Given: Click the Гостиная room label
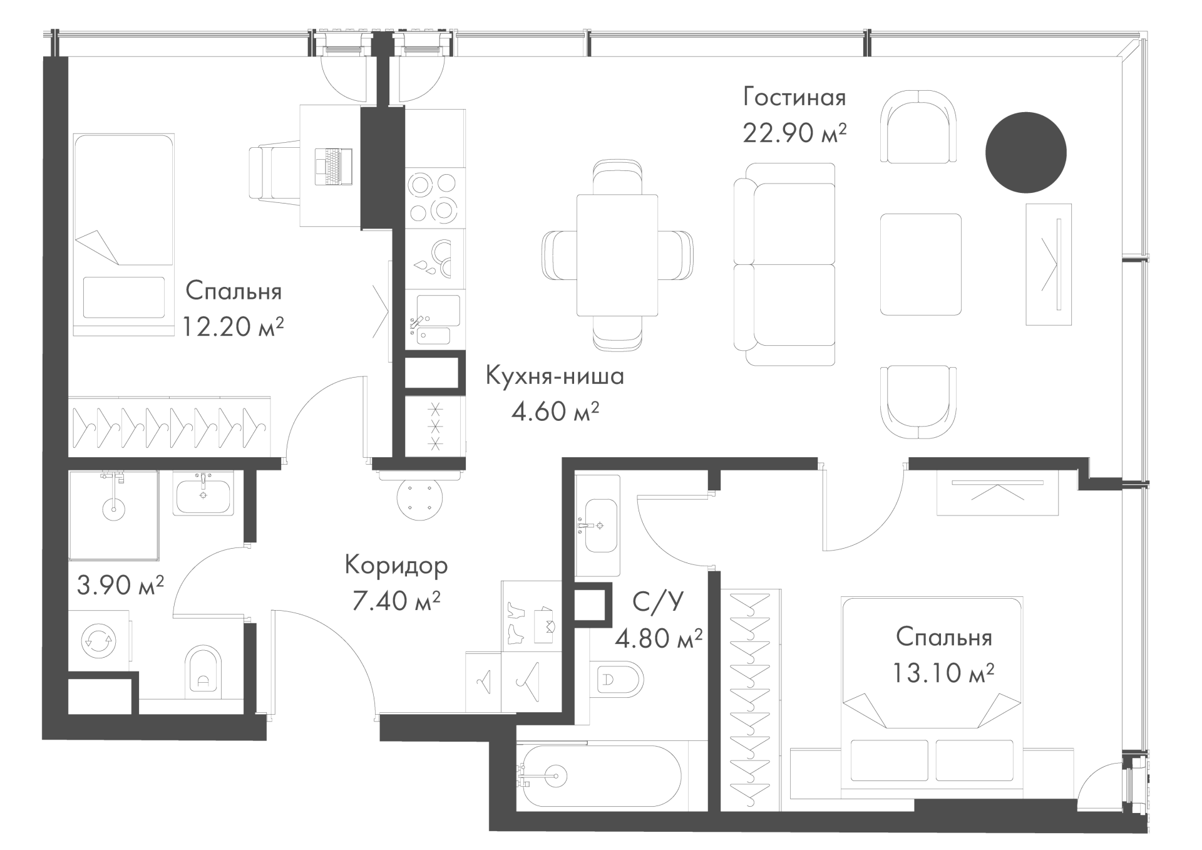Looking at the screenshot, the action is point(794,98).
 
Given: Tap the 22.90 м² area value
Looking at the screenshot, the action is point(794,133).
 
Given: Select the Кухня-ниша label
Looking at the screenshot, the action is point(555,376).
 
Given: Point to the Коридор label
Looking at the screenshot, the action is point(396,566).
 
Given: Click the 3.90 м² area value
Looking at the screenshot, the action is point(120,585).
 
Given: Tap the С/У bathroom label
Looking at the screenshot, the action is point(658,601).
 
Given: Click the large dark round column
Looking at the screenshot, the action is point(1025,152).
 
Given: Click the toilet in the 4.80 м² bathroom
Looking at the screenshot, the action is point(617,678).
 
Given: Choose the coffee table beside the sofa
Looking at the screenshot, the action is point(920,264).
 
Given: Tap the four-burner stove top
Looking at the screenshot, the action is point(432,198).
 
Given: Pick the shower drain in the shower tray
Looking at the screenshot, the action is point(113,509).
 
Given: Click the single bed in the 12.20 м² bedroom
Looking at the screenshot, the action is point(123,234).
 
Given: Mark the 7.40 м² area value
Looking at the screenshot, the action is point(396,601).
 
